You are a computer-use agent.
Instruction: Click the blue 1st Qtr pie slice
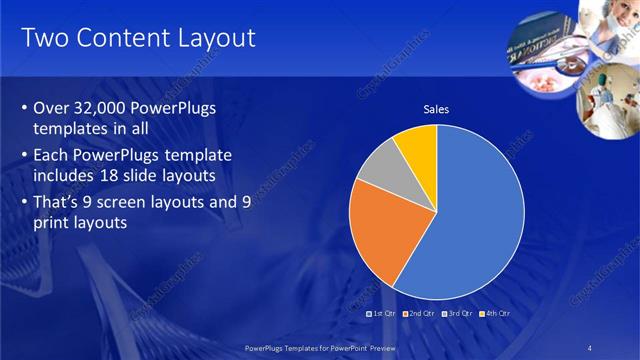[470, 220]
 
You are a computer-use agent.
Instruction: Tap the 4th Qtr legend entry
[493, 313]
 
